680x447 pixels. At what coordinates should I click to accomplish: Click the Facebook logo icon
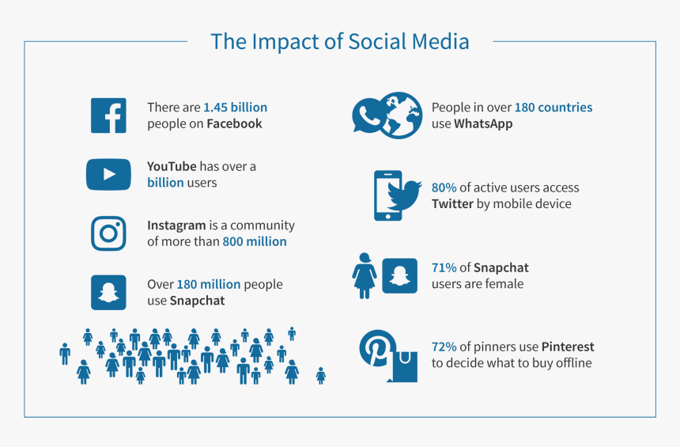click(108, 116)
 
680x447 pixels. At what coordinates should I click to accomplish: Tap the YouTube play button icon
click(108, 175)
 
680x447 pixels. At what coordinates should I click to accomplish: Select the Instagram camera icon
click(108, 233)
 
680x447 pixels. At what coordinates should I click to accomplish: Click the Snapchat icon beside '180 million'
click(108, 293)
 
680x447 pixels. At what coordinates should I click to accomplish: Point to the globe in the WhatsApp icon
click(400, 116)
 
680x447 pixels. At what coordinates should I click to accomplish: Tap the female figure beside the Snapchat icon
click(365, 276)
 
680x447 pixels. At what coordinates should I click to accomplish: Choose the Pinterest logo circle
click(376, 348)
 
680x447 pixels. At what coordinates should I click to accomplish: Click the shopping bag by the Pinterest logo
click(404, 367)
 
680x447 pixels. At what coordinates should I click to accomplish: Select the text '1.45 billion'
click(236, 107)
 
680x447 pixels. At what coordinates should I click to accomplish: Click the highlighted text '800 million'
click(255, 241)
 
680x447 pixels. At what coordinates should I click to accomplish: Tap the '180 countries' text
click(553, 107)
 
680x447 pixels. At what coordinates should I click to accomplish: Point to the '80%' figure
click(444, 188)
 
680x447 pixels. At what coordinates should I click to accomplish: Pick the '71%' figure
click(444, 267)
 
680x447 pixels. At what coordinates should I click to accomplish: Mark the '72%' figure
click(444, 347)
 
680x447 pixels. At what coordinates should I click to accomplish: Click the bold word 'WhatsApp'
click(483, 124)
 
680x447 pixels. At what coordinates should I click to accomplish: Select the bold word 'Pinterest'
click(568, 347)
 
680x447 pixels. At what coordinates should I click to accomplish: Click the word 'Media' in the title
click(440, 42)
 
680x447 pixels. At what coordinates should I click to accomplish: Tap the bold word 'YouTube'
click(172, 166)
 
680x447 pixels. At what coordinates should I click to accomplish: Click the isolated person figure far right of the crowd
click(321, 376)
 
